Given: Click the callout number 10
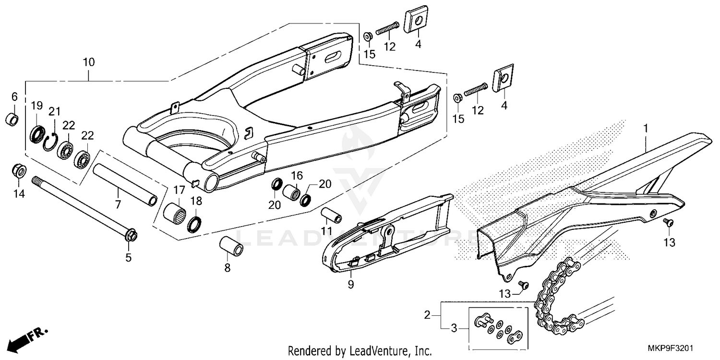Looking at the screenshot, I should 89,62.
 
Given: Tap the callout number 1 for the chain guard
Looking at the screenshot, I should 646,129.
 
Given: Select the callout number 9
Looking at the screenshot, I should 351,285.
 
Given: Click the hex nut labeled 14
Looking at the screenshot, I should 18,171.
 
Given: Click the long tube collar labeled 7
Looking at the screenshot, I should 125,184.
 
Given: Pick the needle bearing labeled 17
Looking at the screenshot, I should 175,212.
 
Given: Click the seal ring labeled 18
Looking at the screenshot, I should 195,224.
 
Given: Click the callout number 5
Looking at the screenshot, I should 128,258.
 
